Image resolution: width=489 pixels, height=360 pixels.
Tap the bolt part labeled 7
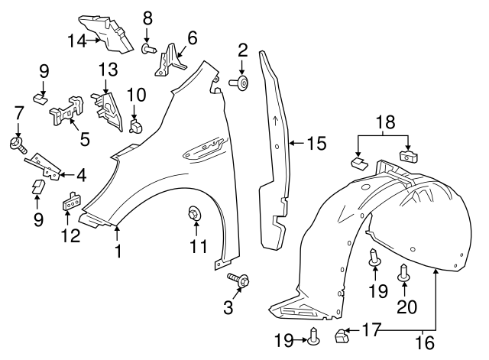pyautogui.click(x=16, y=143)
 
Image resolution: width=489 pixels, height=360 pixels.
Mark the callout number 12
pyautogui.click(x=70, y=236)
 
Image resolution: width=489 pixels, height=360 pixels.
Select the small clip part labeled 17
pyautogui.click(x=342, y=333)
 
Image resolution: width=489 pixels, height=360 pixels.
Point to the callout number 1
pyautogui.click(x=117, y=250)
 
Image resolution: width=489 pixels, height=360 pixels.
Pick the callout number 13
pyautogui.click(x=108, y=70)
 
